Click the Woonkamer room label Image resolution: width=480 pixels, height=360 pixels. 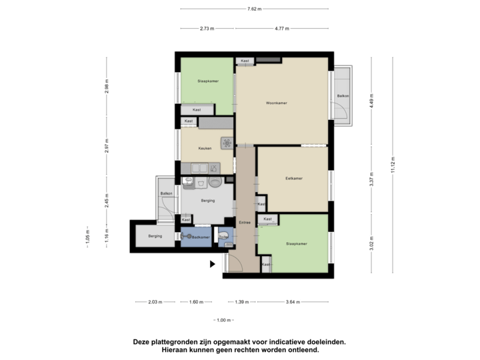[x=275, y=103]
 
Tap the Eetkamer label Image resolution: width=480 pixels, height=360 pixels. [x=294, y=179]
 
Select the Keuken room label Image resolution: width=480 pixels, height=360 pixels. [x=205, y=148]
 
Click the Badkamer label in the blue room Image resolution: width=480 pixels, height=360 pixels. [x=201, y=237]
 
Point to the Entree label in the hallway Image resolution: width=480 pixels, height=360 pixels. [x=245, y=223]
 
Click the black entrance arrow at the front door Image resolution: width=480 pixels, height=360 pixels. [x=213, y=264]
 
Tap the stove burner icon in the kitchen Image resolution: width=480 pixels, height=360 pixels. [x=227, y=143]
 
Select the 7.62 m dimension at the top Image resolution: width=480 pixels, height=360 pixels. [x=254, y=9]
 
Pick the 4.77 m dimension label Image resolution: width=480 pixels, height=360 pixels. [x=281, y=29]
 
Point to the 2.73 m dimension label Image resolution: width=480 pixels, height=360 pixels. [x=207, y=29]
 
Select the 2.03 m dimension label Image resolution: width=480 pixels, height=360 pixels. [x=155, y=302]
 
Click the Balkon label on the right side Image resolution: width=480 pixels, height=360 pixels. [x=343, y=96]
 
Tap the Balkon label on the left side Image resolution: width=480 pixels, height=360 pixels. [x=166, y=193]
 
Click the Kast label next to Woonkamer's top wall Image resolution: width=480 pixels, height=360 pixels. [x=245, y=61]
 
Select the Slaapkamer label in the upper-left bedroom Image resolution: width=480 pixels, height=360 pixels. [x=207, y=81]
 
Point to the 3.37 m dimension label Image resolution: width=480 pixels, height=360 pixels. [x=371, y=179]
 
